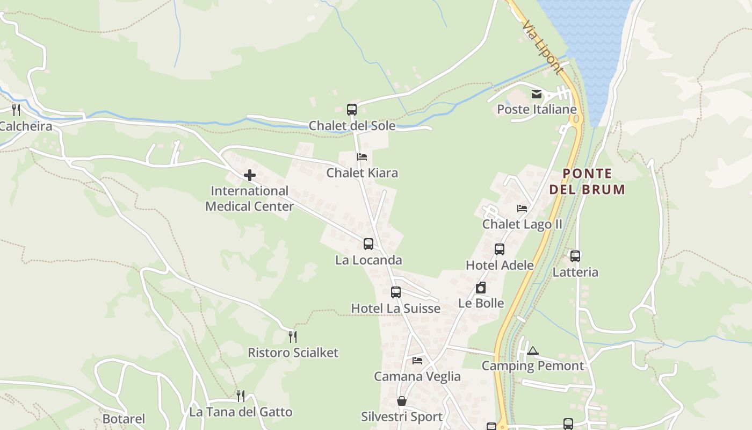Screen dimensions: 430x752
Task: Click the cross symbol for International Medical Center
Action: (250, 175)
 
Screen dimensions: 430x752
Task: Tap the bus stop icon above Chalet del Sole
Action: (352, 110)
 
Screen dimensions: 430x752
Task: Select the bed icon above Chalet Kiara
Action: (362, 157)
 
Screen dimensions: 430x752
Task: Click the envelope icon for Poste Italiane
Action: (537, 94)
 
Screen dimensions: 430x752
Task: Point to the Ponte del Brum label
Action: (587, 181)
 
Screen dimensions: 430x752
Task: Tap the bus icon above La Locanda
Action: (368, 244)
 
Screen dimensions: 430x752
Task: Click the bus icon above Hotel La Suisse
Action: (396, 292)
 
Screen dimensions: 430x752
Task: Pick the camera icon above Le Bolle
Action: (481, 288)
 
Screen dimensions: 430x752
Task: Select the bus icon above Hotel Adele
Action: (500, 249)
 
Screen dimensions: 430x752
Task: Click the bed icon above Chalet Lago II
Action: (522, 209)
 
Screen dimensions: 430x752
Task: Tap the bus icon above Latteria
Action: (575, 256)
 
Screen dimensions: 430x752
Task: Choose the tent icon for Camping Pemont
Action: (532, 351)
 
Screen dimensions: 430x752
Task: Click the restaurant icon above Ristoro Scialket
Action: (293, 337)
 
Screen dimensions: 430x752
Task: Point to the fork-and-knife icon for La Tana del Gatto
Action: (241, 396)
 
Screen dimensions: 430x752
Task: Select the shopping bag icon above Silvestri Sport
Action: (402, 401)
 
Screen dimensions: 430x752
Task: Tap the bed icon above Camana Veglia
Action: (417, 361)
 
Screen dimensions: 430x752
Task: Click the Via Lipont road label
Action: (543, 47)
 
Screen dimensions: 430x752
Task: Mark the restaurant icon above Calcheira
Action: (16, 110)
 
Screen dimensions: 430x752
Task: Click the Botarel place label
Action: (124, 419)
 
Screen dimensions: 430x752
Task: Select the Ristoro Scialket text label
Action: (293, 353)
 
